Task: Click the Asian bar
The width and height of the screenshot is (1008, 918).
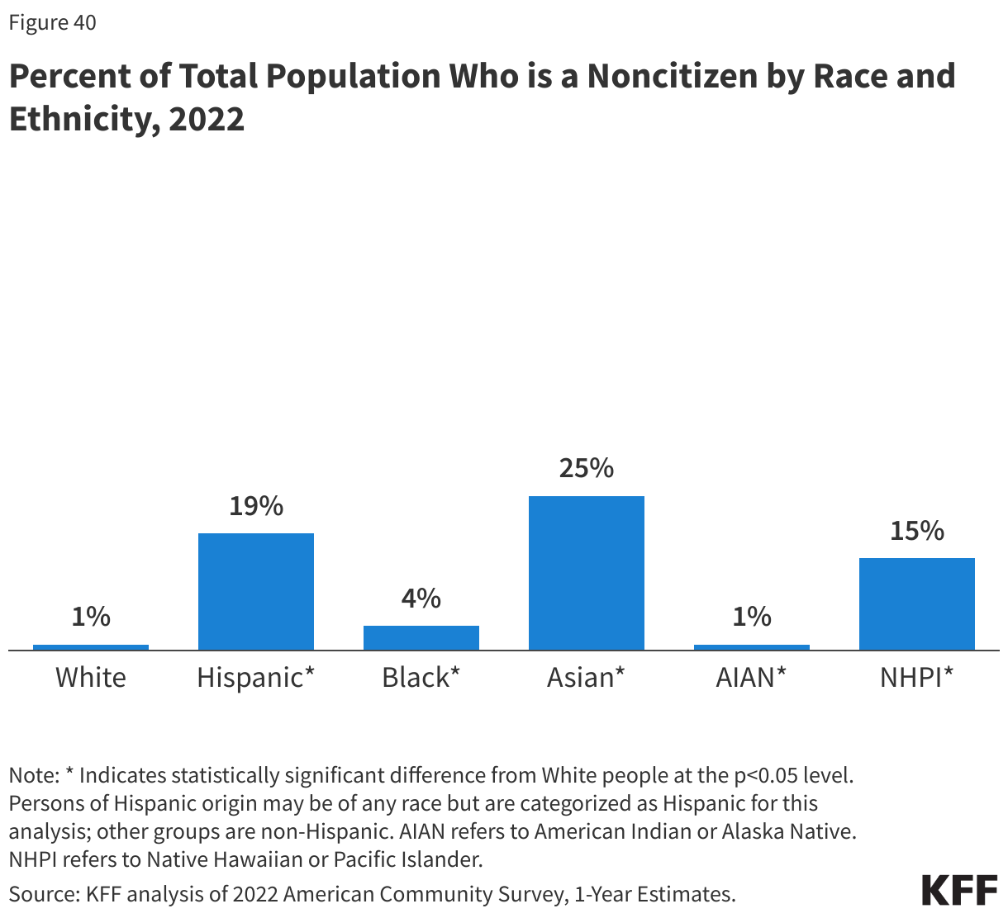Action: [x=586, y=573]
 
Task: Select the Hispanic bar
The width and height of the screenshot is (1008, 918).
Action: [x=256, y=591]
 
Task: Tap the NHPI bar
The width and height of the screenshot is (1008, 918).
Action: [x=916, y=603]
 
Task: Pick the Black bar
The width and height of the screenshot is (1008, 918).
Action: [x=421, y=637]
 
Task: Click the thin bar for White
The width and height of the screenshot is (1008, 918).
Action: [x=91, y=647]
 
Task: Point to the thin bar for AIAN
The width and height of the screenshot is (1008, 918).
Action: [x=751, y=647]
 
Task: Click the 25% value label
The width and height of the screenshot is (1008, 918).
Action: [x=586, y=469]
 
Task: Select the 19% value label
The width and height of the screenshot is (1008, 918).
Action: [x=256, y=506]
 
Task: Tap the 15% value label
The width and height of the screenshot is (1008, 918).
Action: [x=916, y=531]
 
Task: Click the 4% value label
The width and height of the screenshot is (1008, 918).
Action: [x=421, y=599]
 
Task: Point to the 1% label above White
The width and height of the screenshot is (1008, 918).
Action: [x=91, y=617]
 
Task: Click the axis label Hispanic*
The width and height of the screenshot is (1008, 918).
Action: [x=256, y=678]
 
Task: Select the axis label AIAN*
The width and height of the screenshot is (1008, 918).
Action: [x=751, y=678]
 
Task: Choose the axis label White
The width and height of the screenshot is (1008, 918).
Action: [x=91, y=678]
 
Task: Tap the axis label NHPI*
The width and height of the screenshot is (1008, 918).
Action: [x=916, y=678]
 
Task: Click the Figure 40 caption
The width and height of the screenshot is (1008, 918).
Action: [x=52, y=22]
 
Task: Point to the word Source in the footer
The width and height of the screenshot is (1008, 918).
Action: [x=41, y=893]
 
